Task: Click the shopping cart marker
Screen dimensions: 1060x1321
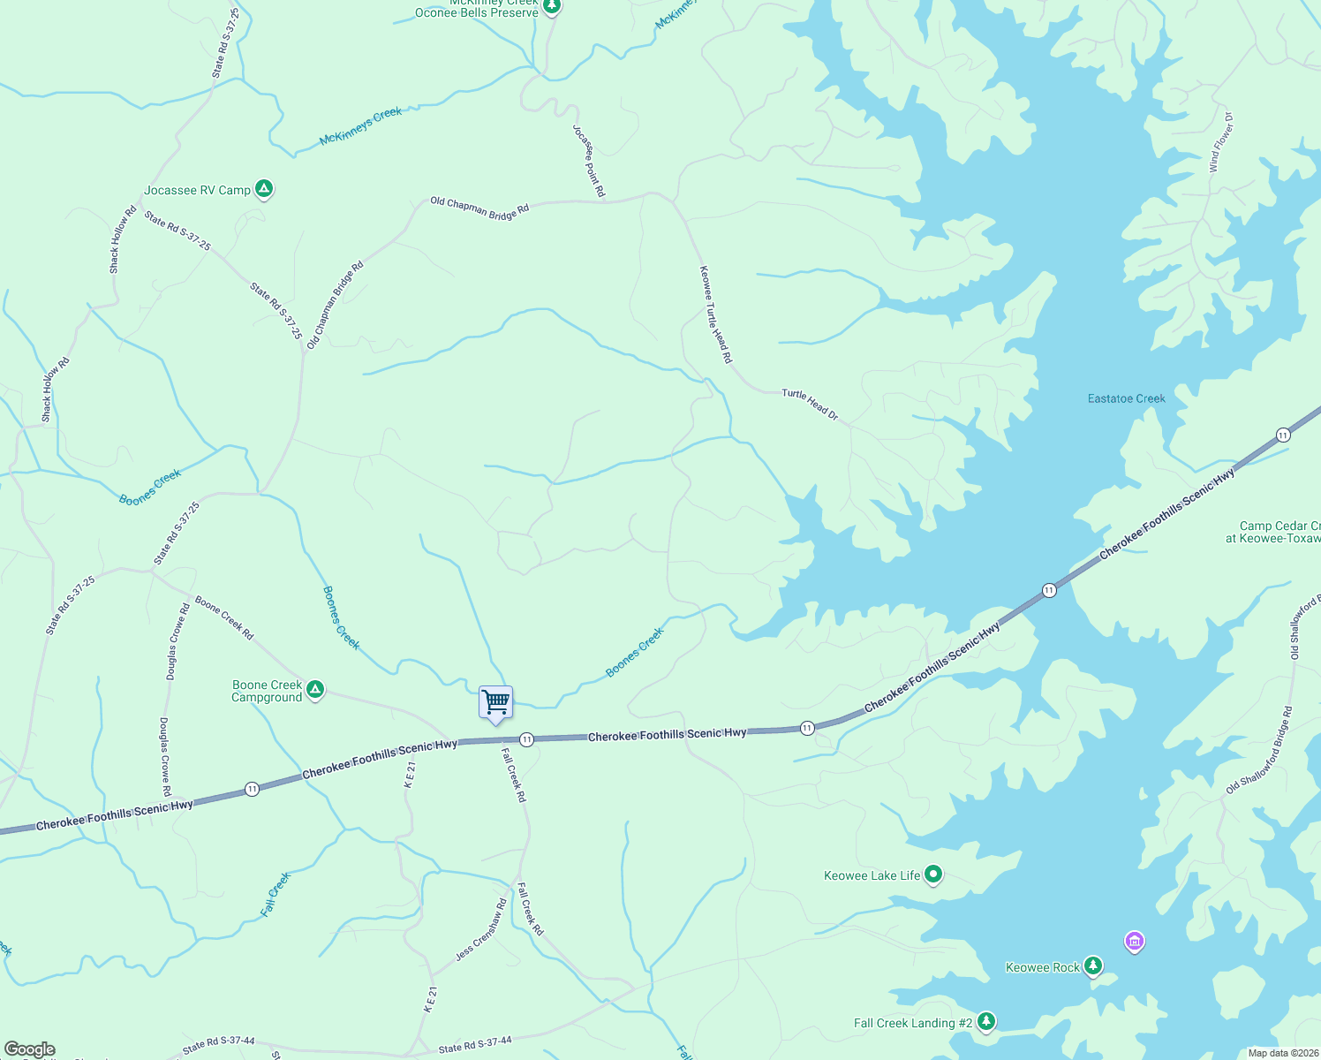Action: coord(495,703)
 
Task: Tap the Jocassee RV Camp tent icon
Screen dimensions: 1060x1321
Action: coord(263,188)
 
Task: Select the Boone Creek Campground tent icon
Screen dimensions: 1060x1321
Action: coord(315,689)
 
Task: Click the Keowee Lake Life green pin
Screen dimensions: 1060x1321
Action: coord(933,874)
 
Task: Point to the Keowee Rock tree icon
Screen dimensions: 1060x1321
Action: coord(1093,965)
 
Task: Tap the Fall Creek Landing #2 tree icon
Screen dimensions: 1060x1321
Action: coord(986,1021)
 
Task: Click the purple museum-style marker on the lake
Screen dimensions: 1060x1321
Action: coord(1135,941)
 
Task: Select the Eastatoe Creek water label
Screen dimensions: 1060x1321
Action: coord(1126,398)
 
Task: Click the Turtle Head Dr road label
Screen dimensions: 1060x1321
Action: coord(809,404)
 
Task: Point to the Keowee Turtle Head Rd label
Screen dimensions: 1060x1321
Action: coord(715,314)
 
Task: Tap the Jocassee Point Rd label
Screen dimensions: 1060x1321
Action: coord(589,161)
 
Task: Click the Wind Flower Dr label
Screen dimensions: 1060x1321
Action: coord(1221,141)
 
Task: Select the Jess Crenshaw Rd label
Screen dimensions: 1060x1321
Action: coord(481,930)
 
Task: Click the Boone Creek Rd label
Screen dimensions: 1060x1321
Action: coord(224,617)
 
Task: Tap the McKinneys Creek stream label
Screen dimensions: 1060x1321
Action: coord(360,125)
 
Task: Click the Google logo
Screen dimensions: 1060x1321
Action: coord(29,1049)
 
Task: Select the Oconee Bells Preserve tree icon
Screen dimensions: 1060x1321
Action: coord(552,6)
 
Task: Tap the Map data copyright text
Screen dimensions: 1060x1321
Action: coord(1283,1053)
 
